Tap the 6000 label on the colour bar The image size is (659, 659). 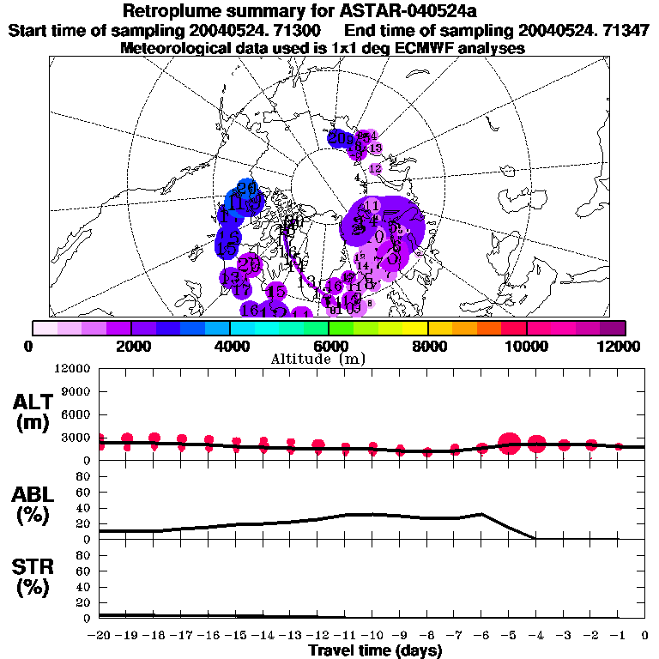(x=328, y=346)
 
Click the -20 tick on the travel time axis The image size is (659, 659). (x=100, y=636)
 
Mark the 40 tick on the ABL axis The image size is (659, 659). (x=84, y=508)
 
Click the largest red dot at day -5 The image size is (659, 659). (x=509, y=444)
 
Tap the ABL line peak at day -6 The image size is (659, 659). (x=481, y=514)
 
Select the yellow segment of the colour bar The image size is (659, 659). (x=414, y=328)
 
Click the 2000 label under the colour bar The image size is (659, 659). (x=130, y=346)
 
